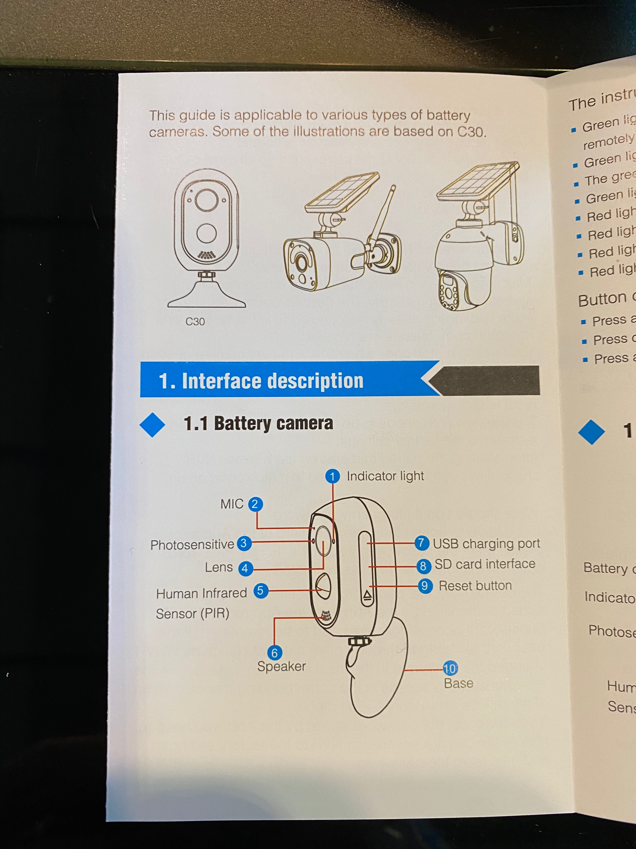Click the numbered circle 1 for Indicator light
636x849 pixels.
pyautogui.click(x=332, y=476)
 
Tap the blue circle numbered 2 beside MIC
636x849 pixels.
pyautogui.click(x=255, y=504)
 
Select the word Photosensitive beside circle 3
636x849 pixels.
pyautogui.click(x=192, y=545)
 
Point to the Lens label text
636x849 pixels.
pyautogui.click(x=219, y=567)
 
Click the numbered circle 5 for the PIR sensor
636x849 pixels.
pyautogui.click(x=261, y=590)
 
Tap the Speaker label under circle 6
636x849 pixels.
pyautogui.click(x=281, y=666)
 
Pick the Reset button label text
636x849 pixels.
pyautogui.click(x=475, y=586)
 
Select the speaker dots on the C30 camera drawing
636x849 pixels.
pyautogui.click(x=207, y=255)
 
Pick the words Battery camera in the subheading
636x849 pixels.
pyautogui.click(x=273, y=423)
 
